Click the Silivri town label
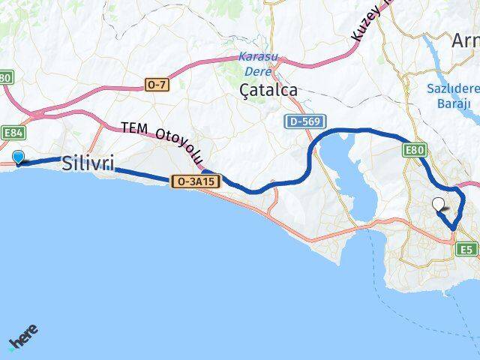tap(88, 163)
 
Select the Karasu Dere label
tap(255, 64)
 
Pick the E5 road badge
tap(467, 249)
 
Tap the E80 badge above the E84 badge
tap(6, 77)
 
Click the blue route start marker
tap(19, 157)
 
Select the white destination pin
tap(439, 203)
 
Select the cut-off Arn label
tap(465, 41)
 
